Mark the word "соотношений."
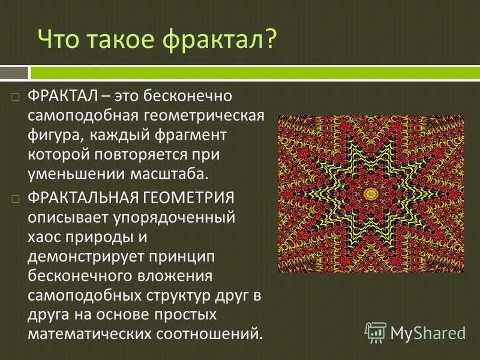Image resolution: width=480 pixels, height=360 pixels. coord(209,333)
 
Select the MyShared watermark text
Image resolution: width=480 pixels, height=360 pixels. coord(428,332)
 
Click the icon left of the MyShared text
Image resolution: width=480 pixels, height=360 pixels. coord(376,332)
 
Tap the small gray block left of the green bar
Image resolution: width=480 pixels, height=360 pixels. coord(14,73)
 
